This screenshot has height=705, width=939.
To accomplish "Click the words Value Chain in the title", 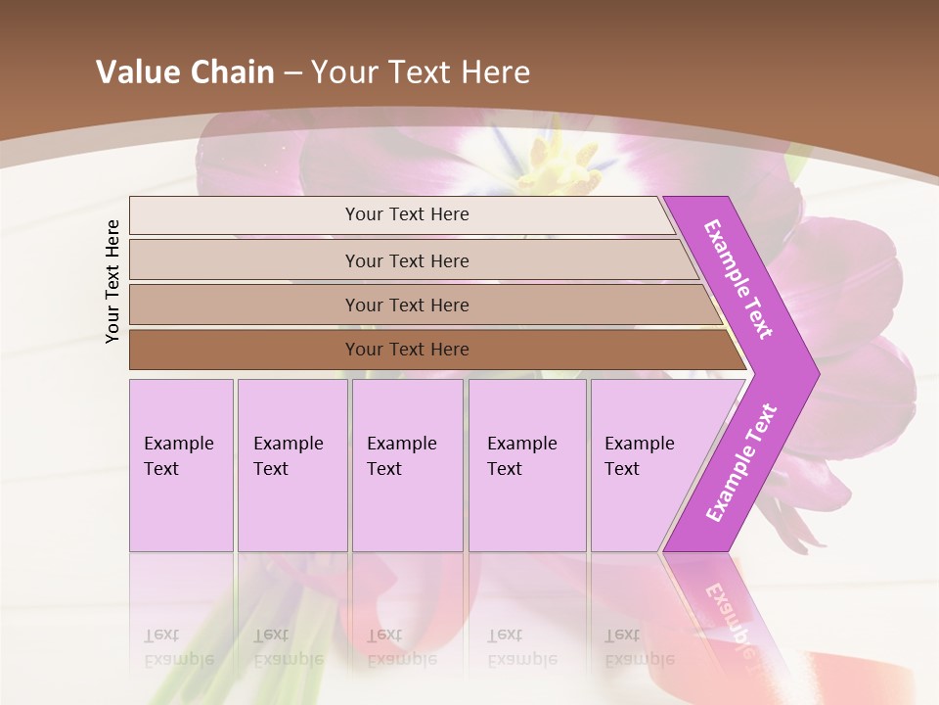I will pos(185,72).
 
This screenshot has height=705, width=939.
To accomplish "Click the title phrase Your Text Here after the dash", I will pos(421,72).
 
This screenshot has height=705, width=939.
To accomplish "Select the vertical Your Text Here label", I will pos(113,281).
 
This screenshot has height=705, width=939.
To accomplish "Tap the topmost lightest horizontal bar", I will pos(245,215).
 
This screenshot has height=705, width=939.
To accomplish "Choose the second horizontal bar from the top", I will pos(245,260).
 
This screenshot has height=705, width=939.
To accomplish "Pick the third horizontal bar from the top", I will pos(245,305).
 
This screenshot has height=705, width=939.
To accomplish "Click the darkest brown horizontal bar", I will pos(245,350).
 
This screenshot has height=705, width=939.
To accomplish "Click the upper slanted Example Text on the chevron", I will pos(738,279).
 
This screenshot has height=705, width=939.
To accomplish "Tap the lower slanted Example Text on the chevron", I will pos(740,463).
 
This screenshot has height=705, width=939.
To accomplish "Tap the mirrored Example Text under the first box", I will pos(178,647).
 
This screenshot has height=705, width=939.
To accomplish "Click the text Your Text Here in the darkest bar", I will pos(407,350).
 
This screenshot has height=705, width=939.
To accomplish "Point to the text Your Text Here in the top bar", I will pos(407,214).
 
